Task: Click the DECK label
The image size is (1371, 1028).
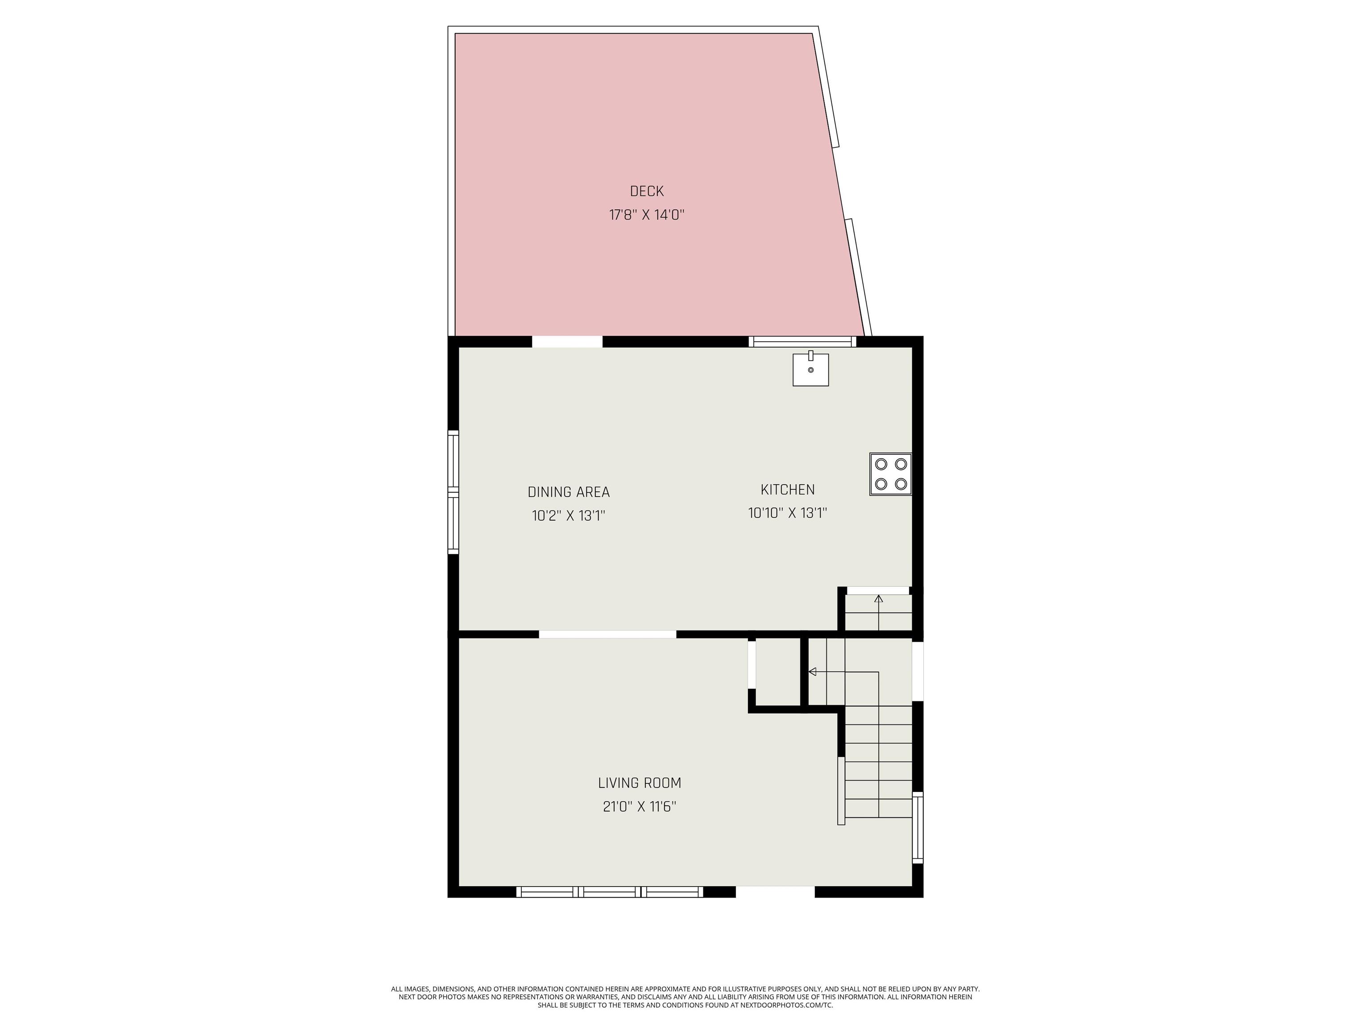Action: pyautogui.click(x=647, y=191)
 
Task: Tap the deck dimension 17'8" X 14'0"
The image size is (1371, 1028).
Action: pyautogui.click(x=647, y=215)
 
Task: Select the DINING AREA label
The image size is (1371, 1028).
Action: pyautogui.click(x=569, y=492)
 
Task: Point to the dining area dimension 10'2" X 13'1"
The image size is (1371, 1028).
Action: pyautogui.click(x=569, y=515)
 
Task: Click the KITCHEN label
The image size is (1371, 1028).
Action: pyautogui.click(x=787, y=489)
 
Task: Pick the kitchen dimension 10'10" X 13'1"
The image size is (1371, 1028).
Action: pyautogui.click(x=787, y=513)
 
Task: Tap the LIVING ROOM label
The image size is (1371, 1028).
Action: pyautogui.click(x=640, y=783)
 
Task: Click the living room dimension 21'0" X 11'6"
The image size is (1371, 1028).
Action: pyautogui.click(x=640, y=806)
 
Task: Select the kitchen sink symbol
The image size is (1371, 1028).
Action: pyautogui.click(x=811, y=369)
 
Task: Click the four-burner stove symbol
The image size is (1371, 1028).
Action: pyautogui.click(x=891, y=474)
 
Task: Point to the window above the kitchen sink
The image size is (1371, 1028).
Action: pyautogui.click(x=802, y=341)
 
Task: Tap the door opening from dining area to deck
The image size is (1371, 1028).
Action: pyautogui.click(x=567, y=341)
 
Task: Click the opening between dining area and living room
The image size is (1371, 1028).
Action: pyautogui.click(x=607, y=634)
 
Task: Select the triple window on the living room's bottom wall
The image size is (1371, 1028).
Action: pyautogui.click(x=610, y=891)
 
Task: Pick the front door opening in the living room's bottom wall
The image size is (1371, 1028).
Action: pyautogui.click(x=775, y=891)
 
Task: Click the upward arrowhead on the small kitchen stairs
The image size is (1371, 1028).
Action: pyautogui.click(x=878, y=599)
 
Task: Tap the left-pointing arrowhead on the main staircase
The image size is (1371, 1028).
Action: pyautogui.click(x=813, y=672)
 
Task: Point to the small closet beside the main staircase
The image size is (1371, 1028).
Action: pyautogui.click(x=778, y=672)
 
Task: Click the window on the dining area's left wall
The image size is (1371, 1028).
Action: pyautogui.click(x=453, y=492)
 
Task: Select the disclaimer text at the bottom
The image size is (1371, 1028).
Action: pyautogui.click(x=685, y=997)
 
